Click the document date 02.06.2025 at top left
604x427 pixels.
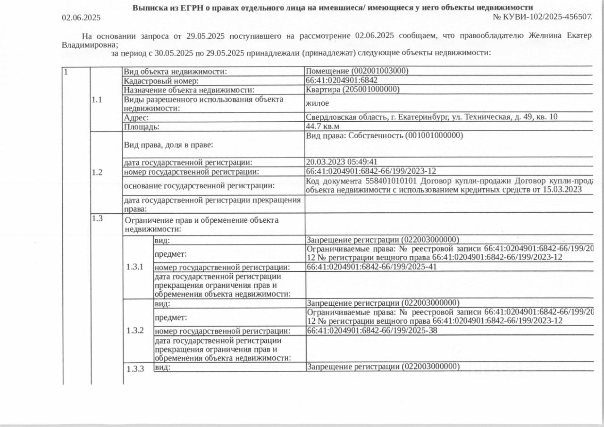81,17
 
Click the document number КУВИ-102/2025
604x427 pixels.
543,17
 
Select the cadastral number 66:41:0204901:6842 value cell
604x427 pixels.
342,80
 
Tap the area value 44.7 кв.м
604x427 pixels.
322,126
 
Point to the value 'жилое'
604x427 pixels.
317,103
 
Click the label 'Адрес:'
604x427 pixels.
136,117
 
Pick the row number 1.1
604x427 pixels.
97,100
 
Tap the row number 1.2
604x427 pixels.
97,172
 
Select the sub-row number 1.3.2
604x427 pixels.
135,330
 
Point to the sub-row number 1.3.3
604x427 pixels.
135,368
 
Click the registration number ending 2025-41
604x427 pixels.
372,267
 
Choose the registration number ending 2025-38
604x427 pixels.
372,330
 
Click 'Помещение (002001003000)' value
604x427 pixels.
357,71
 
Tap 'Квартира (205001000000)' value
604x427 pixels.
352,89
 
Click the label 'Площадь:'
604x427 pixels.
142,126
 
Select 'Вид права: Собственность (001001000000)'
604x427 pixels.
385,136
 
